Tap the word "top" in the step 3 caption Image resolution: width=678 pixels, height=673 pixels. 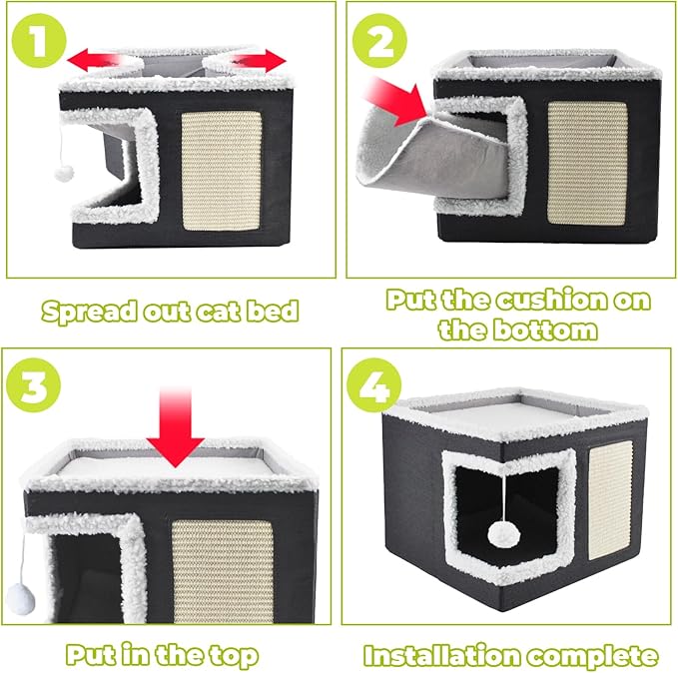[231, 655]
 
